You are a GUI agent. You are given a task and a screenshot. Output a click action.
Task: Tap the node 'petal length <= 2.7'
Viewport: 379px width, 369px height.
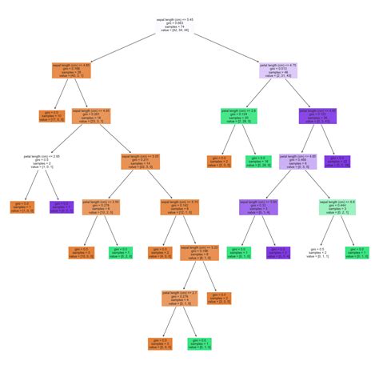pyautogui.click(x=180, y=298)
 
